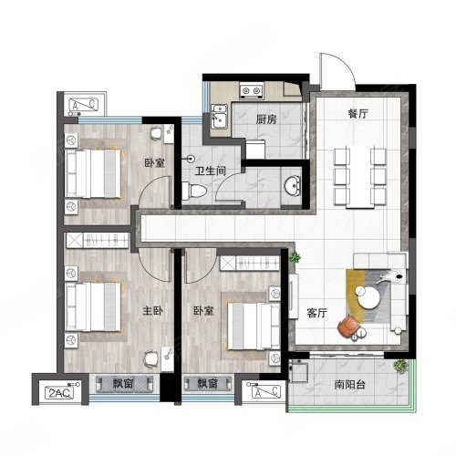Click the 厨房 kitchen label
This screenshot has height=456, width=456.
[x=266, y=119]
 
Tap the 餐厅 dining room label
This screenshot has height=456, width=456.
[x=358, y=114]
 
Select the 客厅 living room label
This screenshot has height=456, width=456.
[x=316, y=313]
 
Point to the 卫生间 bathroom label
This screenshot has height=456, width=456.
[x=211, y=171]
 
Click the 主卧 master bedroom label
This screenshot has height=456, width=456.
[x=152, y=311]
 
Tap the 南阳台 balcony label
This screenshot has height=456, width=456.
[x=349, y=385]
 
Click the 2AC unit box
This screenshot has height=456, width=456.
[x=59, y=393]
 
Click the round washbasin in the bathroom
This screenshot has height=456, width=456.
[x=292, y=185]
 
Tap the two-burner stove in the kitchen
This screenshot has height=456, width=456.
[x=252, y=90]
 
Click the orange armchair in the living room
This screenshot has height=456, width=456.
[x=348, y=326]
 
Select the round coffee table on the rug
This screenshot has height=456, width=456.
[x=368, y=297]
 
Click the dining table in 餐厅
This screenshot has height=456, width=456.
[x=360, y=177]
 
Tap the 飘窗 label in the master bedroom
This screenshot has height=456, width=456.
[x=123, y=384]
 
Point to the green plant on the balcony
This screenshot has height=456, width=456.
[x=400, y=366]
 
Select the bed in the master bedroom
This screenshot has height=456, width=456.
[x=93, y=306]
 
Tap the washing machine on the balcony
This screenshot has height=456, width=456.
[x=298, y=372]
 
